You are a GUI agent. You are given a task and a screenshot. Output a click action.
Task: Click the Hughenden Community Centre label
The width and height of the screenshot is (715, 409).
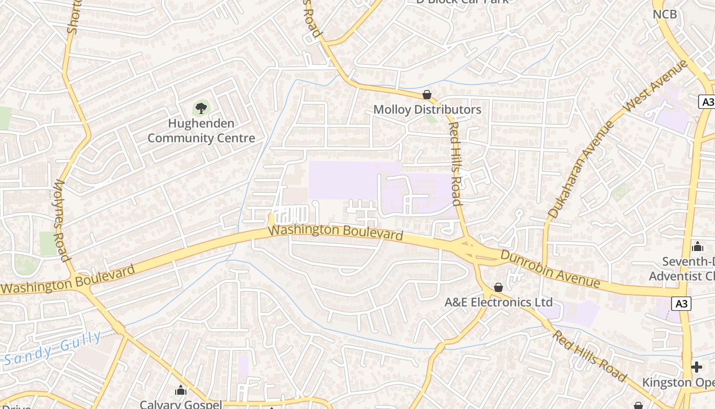(201, 131)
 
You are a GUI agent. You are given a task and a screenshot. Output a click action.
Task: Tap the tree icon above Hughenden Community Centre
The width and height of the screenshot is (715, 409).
(201, 108)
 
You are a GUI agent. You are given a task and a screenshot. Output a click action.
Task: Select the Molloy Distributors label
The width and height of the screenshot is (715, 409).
(427, 109)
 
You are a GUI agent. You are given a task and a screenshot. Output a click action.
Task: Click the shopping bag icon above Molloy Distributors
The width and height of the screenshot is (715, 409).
(427, 95)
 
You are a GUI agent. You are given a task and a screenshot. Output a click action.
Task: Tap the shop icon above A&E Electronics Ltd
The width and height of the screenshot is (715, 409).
(498, 288)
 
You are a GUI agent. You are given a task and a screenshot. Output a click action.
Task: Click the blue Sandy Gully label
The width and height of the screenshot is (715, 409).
(53, 349)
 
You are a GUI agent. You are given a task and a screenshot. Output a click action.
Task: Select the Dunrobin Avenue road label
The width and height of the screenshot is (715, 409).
(550, 268)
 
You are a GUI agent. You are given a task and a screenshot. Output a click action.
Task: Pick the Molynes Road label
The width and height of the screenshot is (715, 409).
(61, 220)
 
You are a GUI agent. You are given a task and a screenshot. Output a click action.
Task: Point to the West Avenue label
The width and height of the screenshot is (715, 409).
(656, 86)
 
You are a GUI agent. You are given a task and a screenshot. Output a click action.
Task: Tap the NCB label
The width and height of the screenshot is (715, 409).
(665, 14)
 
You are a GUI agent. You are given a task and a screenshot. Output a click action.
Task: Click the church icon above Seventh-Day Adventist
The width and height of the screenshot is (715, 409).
(698, 247)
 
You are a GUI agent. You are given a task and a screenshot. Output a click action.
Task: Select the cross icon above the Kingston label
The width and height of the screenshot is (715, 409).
(697, 367)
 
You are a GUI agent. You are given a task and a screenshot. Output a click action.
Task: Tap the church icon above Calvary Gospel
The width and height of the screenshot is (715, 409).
(181, 391)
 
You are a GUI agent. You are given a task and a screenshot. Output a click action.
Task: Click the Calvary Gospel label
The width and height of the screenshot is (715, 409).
(181, 404)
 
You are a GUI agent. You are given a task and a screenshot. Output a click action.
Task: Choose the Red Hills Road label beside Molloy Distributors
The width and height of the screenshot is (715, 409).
(455, 164)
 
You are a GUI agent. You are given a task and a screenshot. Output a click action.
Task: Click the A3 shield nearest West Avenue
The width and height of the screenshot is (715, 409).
(707, 102)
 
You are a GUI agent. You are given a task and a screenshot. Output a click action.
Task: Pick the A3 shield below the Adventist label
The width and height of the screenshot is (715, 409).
(683, 304)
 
